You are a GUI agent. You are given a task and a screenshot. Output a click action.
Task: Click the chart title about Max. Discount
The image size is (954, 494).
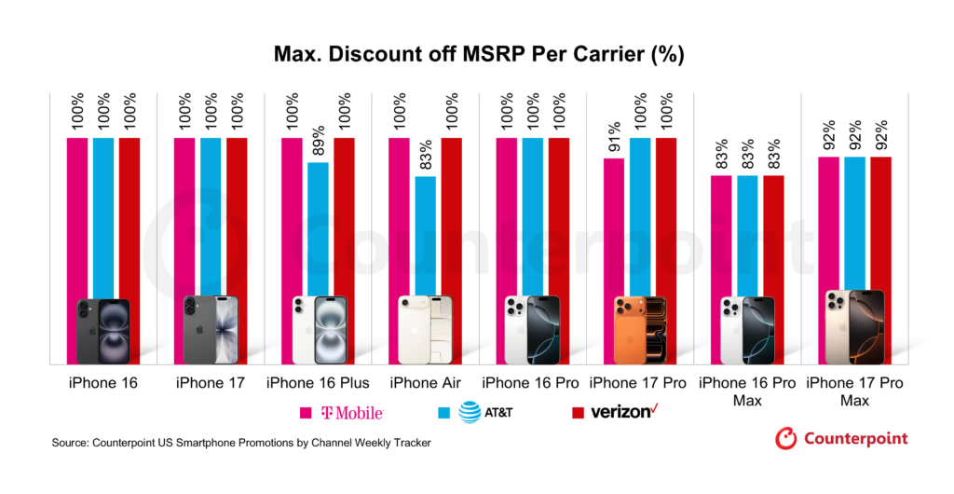pos(478,55)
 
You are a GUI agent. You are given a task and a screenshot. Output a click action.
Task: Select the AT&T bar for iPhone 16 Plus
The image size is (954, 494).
pos(319,228)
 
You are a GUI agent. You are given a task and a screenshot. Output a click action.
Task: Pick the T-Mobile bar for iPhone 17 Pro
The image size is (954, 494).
pos(614,224)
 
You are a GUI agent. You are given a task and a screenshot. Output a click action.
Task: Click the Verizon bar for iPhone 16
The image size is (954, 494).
pos(129,214)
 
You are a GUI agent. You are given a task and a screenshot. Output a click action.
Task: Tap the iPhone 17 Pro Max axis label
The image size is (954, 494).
pos(853,391)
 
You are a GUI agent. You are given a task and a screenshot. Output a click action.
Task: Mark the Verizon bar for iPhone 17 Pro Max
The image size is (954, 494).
pos(880,224)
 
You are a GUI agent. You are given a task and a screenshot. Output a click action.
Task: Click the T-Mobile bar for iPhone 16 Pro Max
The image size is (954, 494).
pos(721,233)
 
